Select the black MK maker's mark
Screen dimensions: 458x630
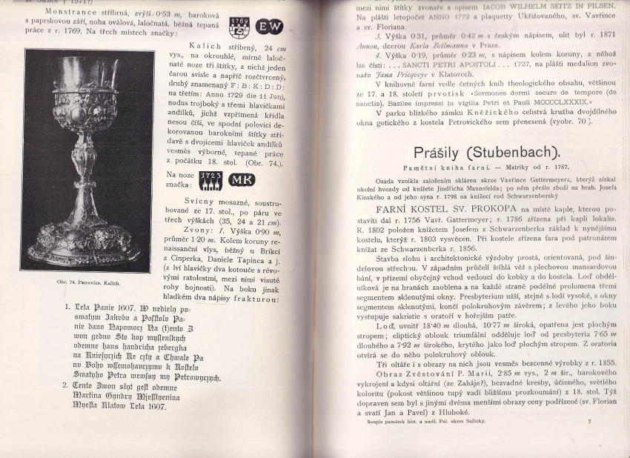coord(242,179)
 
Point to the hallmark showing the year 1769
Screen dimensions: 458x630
coord(239,27)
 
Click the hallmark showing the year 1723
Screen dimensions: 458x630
coord(210,180)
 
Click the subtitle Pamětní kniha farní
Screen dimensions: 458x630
coord(418,170)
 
